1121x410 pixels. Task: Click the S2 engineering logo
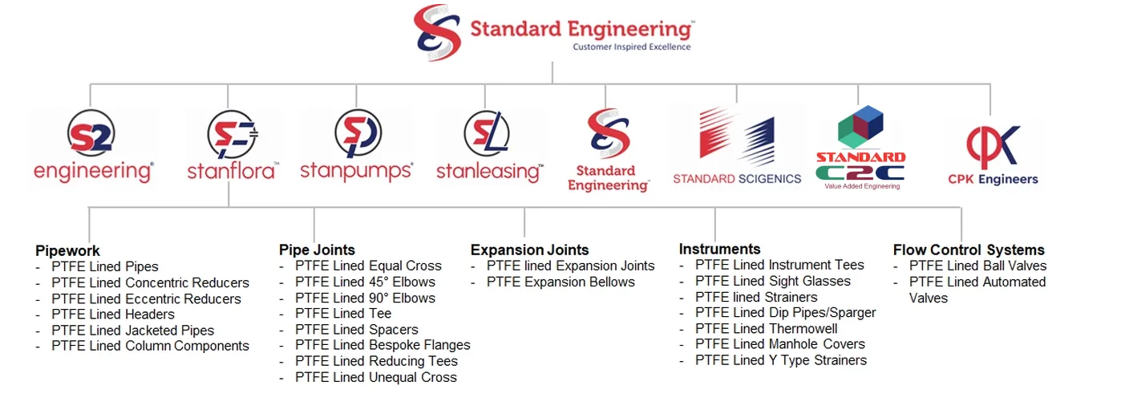coord(92,146)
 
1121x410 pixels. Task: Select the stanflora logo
coord(232,146)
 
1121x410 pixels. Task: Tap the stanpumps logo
coord(357,146)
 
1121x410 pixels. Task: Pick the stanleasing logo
coord(488,146)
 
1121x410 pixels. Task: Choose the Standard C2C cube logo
coord(860,146)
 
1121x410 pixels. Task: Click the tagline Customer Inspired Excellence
coord(631,47)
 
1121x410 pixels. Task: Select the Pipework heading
coord(68,251)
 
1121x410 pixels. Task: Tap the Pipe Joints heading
coord(317,250)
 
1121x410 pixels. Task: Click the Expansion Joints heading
coord(529,250)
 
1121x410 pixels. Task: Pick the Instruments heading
coord(719,249)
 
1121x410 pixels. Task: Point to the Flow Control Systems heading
coord(969,250)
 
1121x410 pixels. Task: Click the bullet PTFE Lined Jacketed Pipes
coord(132,330)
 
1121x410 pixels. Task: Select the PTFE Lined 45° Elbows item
coord(365,282)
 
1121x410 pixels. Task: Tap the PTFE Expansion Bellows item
coord(560,282)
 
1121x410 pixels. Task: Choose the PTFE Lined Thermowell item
coord(766,328)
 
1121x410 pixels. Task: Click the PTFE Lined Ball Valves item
coord(977,266)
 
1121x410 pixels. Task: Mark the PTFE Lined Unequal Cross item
coord(375,377)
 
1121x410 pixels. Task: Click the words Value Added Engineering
coord(862,186)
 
